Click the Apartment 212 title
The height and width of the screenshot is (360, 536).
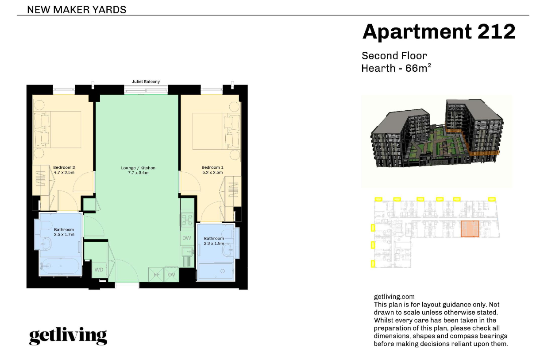click(439, 32)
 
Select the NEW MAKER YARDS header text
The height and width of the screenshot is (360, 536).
click(77, 9)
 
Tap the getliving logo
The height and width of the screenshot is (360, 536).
click(68, 336)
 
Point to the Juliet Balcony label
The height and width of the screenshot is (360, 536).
click(146, 81)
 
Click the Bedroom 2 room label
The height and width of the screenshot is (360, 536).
click(64, 167)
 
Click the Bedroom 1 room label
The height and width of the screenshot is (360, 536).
click(212, 167)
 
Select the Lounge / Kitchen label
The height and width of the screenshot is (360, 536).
click(138, 168)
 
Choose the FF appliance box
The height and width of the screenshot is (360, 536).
click(157, 275)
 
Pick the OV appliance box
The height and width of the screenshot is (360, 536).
click(172, 275)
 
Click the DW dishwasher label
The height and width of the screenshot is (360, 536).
click(186, 238)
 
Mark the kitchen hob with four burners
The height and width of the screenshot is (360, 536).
click(186, 220)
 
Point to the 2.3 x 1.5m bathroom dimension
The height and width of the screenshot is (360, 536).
click(214, 244)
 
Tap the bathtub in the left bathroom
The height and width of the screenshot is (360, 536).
click(60, 267)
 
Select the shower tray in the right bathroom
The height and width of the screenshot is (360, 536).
click(216, 271)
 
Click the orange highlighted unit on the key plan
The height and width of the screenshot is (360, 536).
click(470, 229)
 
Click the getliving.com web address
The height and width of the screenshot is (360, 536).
click(394, 297)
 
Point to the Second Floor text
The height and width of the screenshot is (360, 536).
click(394, 56)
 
